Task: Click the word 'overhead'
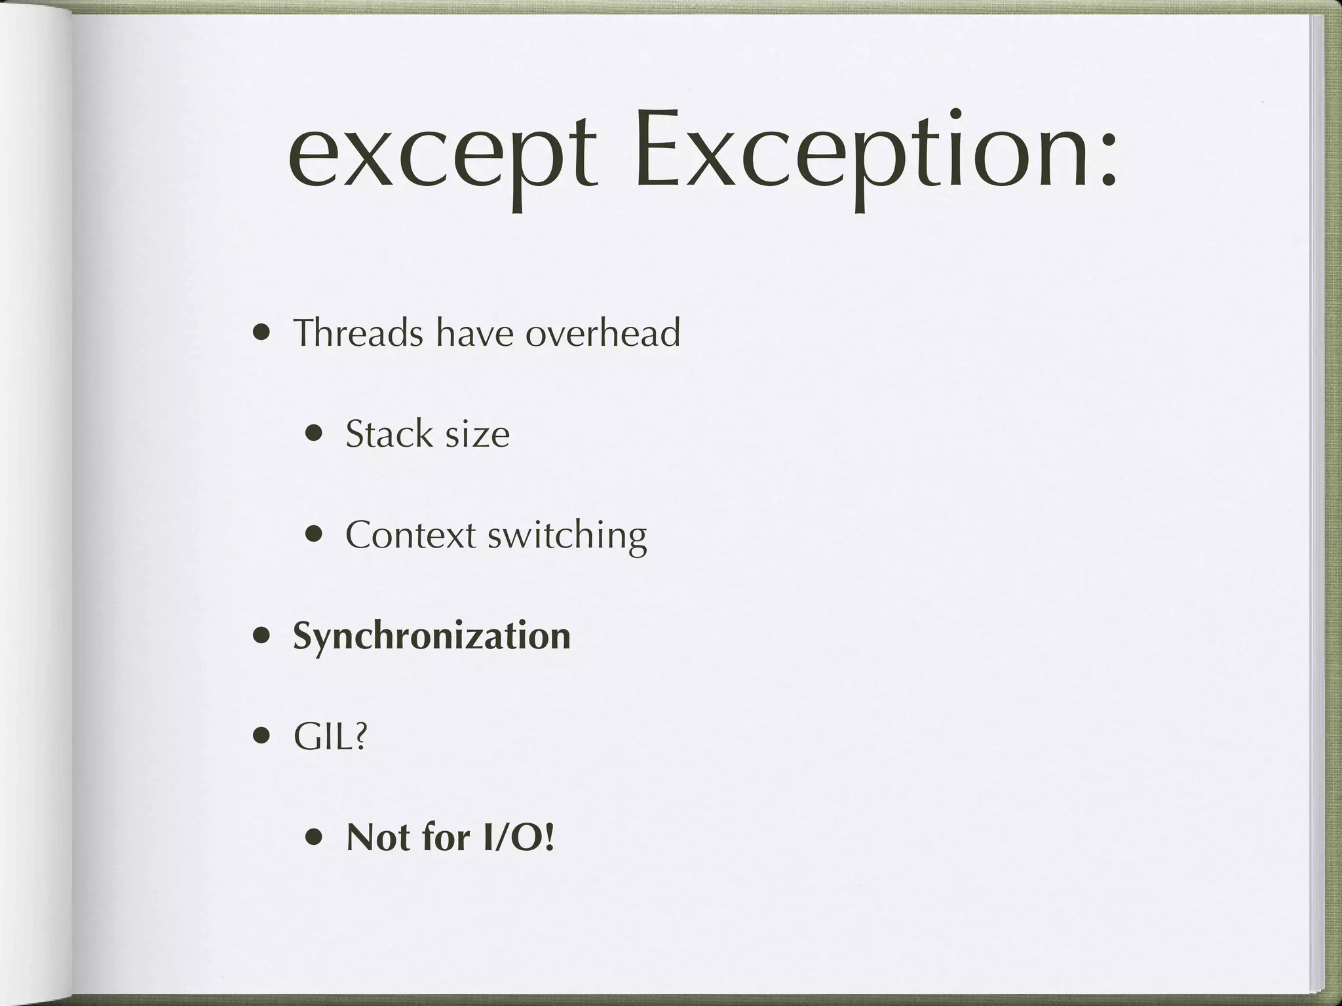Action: (603, 332)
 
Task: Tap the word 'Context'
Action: (410, 534)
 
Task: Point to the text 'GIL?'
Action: (330, 737)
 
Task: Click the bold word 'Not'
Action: (379, 838)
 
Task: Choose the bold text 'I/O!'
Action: (518, 838)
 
